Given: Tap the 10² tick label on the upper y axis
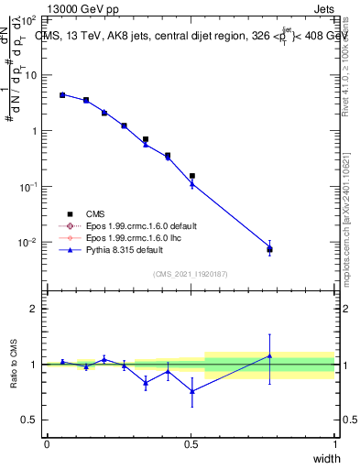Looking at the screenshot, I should click(28, 19).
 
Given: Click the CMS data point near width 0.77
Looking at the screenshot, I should click(269, 249).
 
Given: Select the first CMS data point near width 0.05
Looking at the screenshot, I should click(62, 94).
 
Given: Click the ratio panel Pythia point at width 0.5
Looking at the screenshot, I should click(191, 391).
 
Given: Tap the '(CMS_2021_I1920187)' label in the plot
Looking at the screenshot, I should click(190, 272).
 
